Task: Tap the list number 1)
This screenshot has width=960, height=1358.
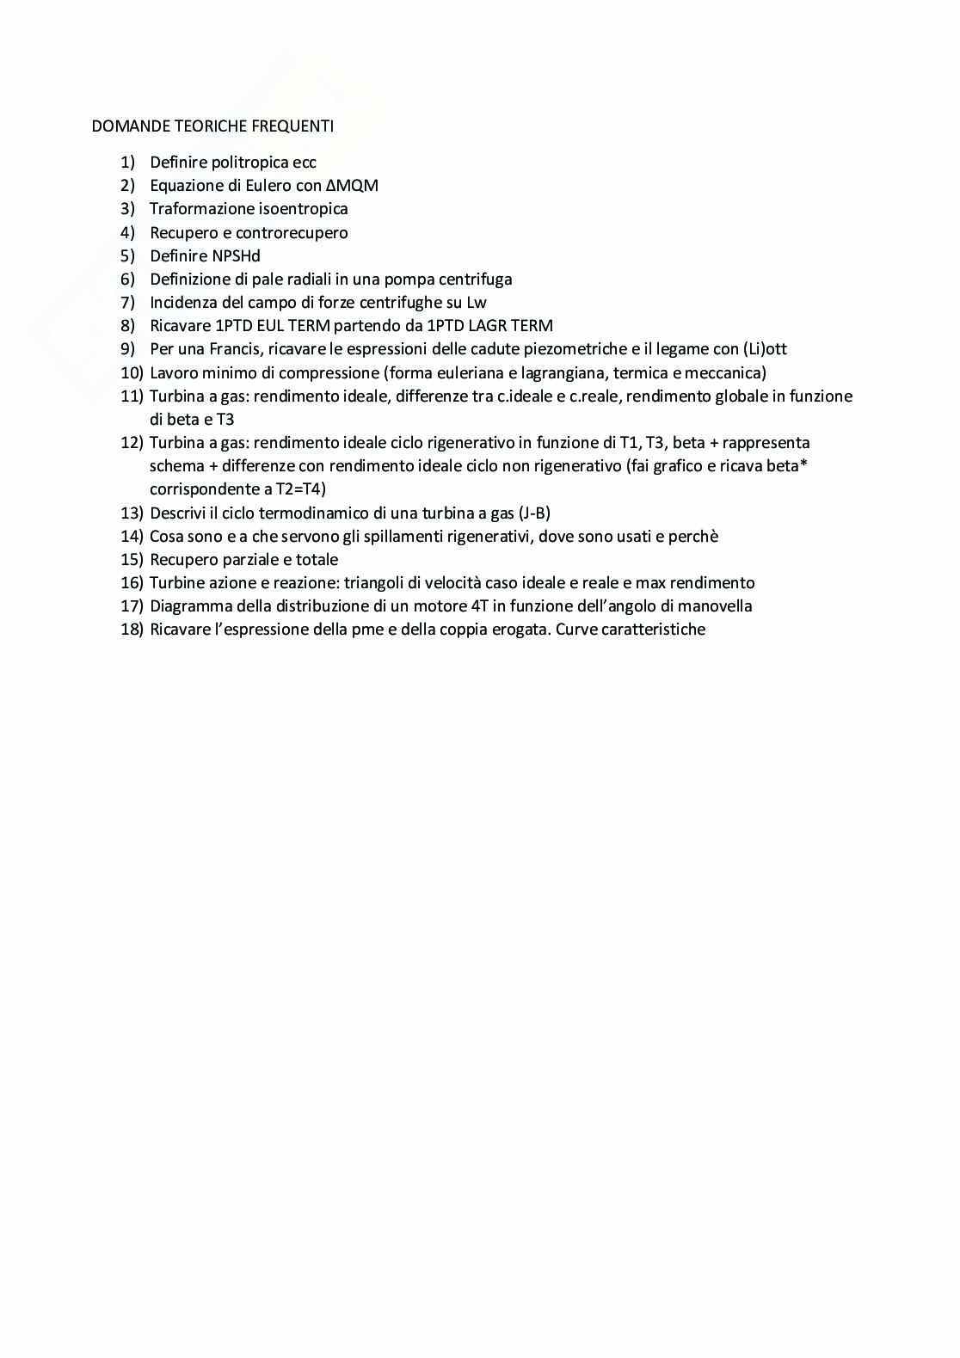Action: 128,163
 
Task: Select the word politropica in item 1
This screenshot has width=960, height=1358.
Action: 250,163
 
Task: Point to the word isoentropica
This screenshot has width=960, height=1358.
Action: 304,209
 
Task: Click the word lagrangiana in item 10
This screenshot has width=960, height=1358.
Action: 563,373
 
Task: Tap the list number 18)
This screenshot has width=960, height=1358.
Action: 132,630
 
